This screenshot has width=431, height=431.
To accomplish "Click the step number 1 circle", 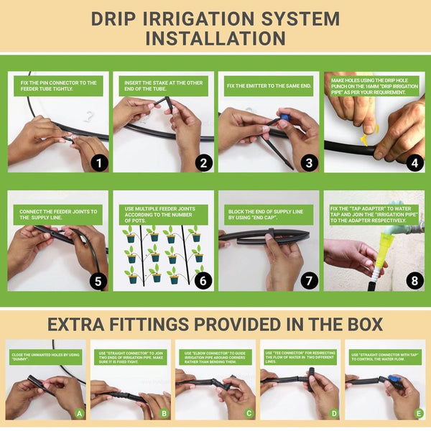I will pyautogui.click(x=99, y=163).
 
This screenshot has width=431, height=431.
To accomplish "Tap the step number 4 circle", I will pyautogui.click(x=412, y=163).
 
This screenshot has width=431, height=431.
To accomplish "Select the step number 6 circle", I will pyautogui.click(x=203, y=281).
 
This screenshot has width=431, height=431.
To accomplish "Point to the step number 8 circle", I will pyautogui.click(x=412, y=281).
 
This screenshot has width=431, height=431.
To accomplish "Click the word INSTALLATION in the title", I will pyautogui.click(x=215, y=37).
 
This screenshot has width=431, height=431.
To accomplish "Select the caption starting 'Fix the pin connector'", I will pyautogui.click(x=58, y=86).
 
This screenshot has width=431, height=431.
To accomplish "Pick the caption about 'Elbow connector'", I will pyautogui.click(x=215, y=357).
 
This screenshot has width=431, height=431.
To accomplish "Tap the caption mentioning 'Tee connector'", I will pyautogui.click(x=300, y=357).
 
